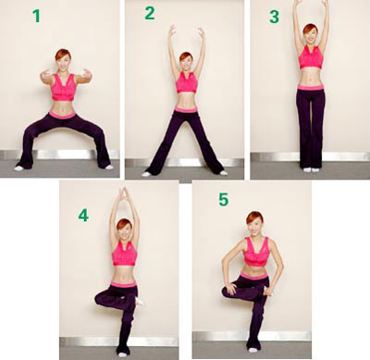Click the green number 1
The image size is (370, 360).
coord(36,16)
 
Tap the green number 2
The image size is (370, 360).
coord(150,13)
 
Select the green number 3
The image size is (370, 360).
coord(274,17)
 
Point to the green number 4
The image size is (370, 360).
coord(83,216)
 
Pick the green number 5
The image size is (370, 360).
coord(224,200)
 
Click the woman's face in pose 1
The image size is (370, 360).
coord(63,65)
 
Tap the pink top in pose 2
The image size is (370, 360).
coord(187,82)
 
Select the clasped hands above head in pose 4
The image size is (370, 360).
coord(124,193)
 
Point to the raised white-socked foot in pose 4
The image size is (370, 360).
coord(140,301)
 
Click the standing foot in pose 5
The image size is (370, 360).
coord(253,350)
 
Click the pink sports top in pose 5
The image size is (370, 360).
coord(257,252)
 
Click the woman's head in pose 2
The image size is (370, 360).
coord(186,61)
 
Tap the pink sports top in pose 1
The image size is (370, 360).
coord(63,88)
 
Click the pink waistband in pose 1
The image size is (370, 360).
coord(62,115)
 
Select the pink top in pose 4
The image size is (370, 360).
coord(124,254)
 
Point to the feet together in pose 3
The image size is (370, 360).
coord(311,169)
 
